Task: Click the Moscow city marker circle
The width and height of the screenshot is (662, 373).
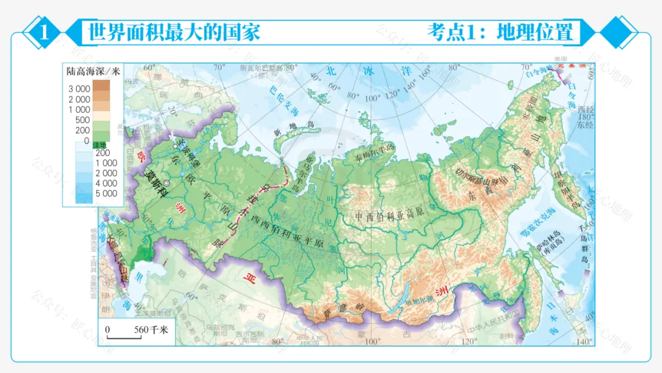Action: pos(165,182)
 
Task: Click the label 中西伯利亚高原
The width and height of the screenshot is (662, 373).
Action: pos(390,217)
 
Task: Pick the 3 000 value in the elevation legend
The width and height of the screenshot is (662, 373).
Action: pos(79,88)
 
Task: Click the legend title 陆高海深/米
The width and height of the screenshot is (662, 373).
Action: pos(94,71)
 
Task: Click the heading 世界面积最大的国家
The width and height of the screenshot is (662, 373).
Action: pos(175,32)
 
